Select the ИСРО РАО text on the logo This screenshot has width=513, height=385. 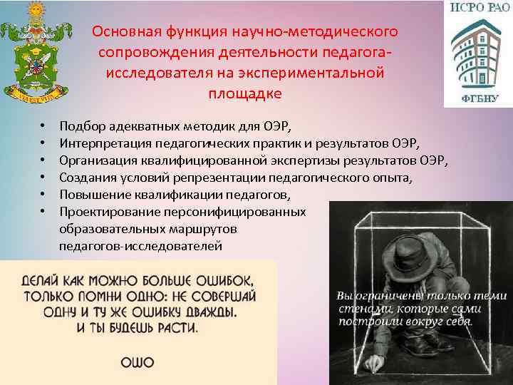click(x=477, y=9)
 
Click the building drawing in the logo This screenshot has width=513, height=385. click(x=476, y=54)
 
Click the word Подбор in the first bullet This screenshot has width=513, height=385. click(x=81, y=127)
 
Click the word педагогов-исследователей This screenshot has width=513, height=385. click(x=140, y=246)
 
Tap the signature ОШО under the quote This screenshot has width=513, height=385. click(x=137, y=362)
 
